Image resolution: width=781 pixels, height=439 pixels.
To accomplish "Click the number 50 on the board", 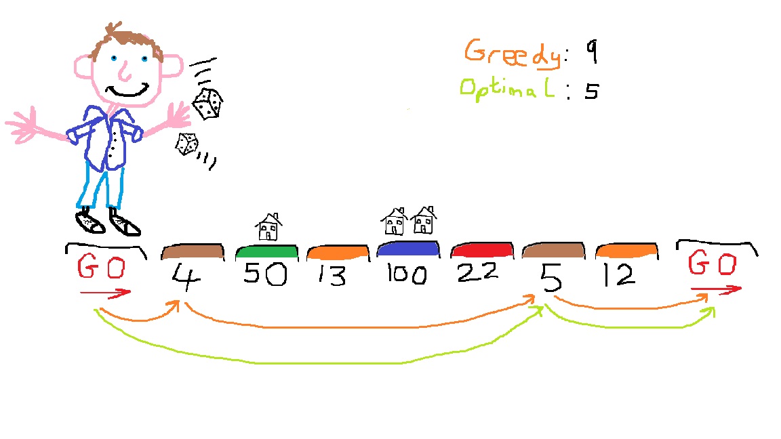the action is click(265, 274).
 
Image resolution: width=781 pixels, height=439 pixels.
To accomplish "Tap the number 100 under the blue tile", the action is click(407, 274).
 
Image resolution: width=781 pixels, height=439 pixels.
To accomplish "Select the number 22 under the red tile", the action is click(477, 272).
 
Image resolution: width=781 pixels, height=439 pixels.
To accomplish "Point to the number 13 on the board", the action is click(332, 275).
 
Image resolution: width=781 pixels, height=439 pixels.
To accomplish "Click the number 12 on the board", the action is click(619, 275).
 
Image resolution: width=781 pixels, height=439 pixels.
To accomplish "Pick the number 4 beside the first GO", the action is click(186, 277).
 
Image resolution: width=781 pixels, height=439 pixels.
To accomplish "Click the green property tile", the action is click(267, 252).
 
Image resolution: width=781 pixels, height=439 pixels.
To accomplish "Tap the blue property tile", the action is click(408, 249).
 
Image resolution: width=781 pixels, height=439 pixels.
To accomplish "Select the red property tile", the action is click(481, 250).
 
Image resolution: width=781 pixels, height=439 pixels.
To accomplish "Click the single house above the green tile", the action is click(268, 227).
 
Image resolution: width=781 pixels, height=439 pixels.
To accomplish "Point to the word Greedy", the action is click(513, 53).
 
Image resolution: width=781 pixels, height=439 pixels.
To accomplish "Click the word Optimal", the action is click(507, 89).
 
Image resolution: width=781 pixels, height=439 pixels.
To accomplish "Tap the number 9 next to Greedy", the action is click(591, 51).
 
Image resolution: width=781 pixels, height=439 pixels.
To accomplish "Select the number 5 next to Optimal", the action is click(592, 91).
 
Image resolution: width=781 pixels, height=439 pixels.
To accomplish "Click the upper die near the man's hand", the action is click(207, 104).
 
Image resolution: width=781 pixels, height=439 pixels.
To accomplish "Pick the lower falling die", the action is click(187, 144).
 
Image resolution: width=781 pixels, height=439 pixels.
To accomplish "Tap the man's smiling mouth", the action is click(128, 91).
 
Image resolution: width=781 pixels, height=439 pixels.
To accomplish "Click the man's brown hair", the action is click(127, 42).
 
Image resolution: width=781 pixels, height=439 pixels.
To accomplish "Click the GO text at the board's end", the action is click(713, 264).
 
